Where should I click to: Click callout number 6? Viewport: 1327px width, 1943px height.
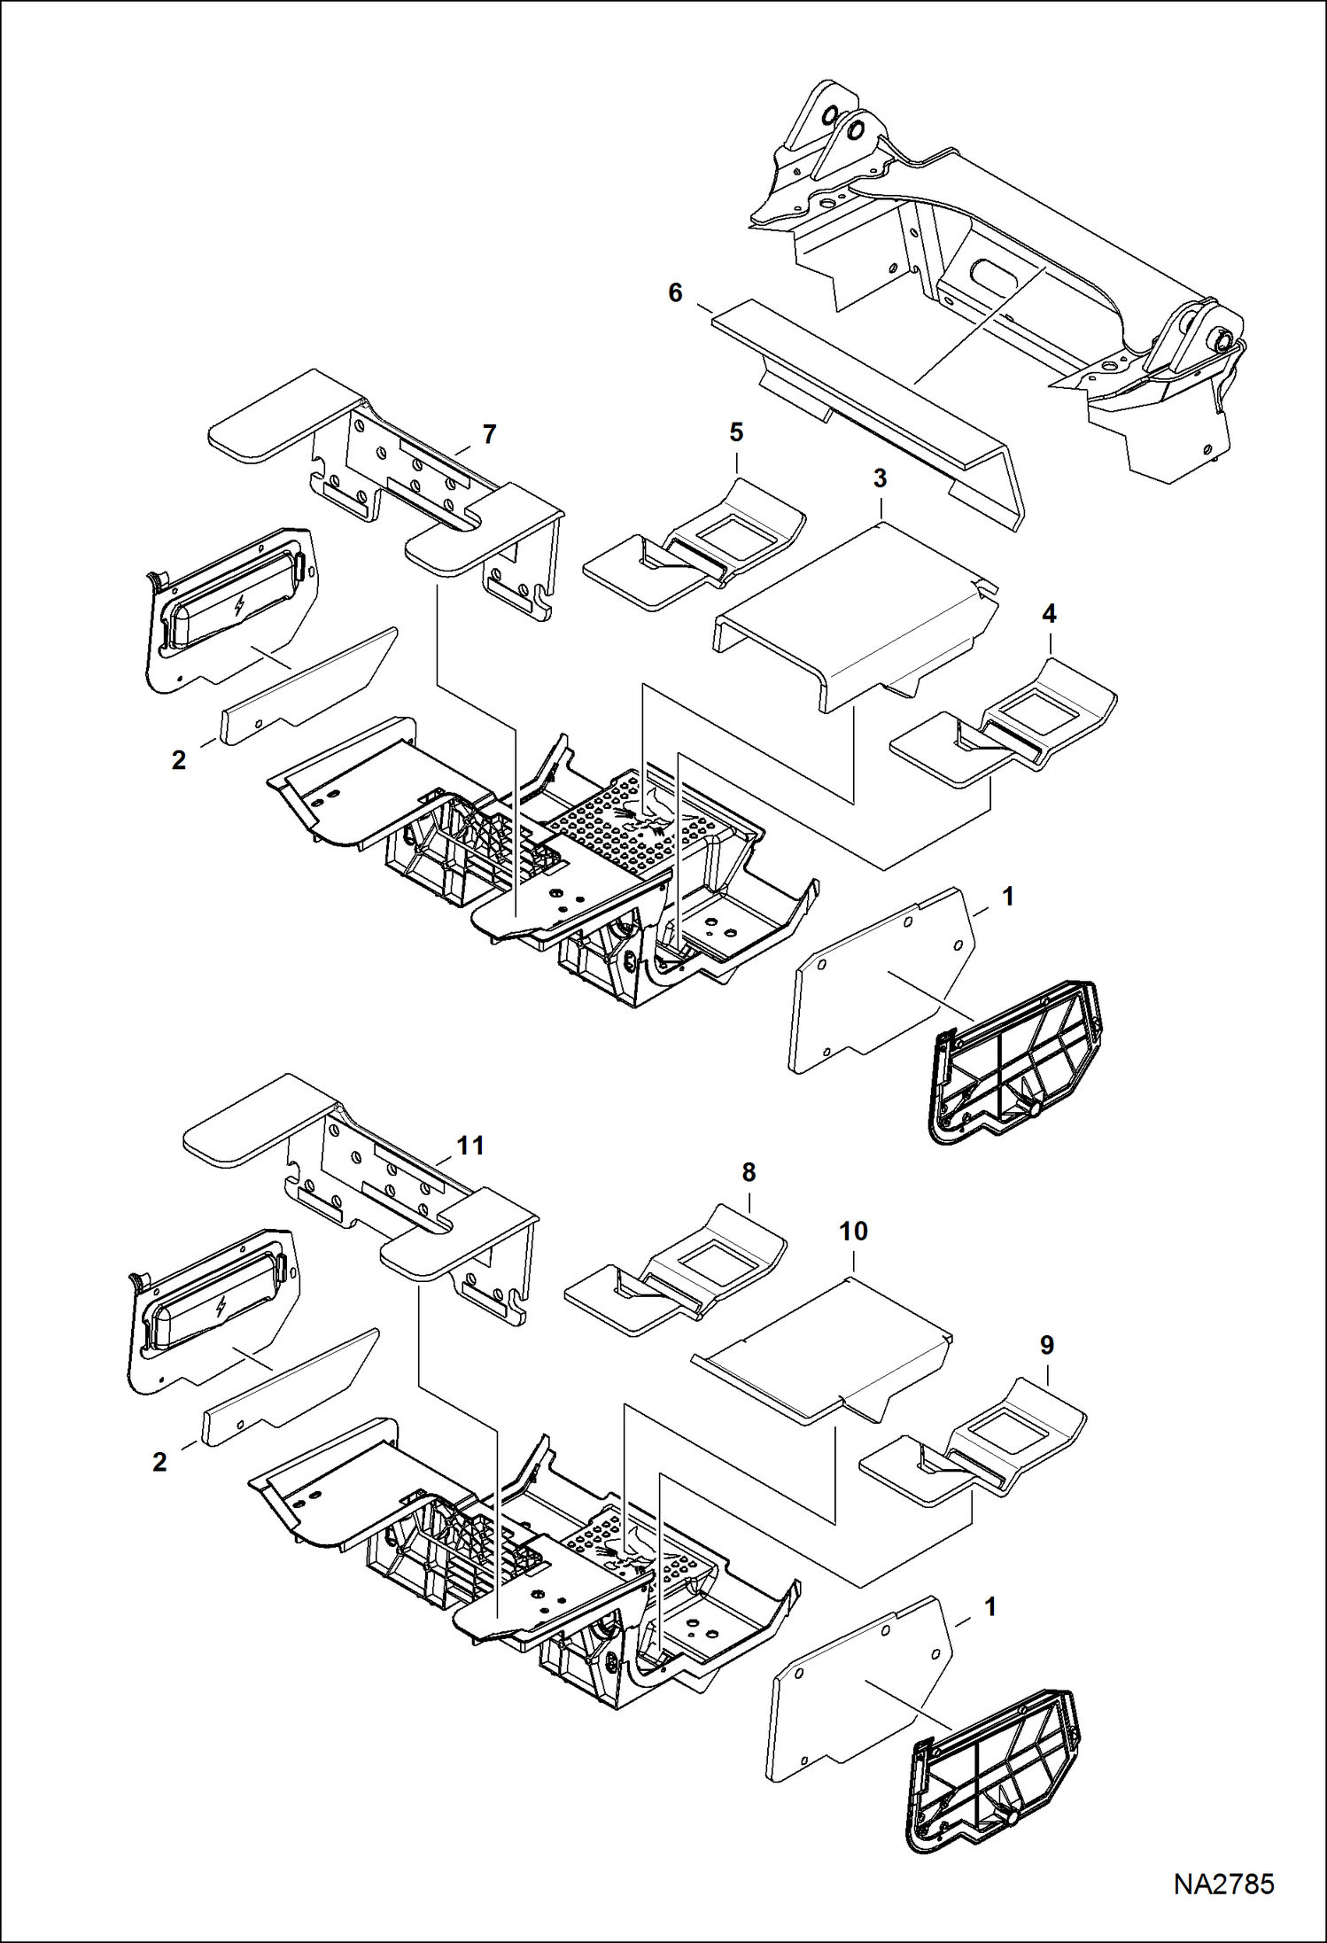tap(675, 293)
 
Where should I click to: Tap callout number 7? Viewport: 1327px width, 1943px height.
tap(489, 434)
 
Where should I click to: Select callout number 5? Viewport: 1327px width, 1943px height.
tap(736, 432)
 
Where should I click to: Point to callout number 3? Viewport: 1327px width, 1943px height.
tap(880, 478)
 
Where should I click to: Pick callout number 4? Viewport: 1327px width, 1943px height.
tap(1050, 613)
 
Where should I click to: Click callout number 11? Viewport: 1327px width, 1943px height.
tap(470, 1146)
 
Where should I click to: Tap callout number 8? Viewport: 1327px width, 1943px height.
tap(749, 1172)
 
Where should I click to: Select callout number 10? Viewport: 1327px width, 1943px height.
tap(853, 1231)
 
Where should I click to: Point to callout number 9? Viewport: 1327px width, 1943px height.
tap(1047, 1345)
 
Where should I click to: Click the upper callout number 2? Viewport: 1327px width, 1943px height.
tap(179, 760)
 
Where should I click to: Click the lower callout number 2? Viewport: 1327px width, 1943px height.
tap(159, 1462)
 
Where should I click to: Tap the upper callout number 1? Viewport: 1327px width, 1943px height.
tap(1007, 897)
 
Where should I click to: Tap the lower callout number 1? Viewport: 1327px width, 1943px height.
tap(990, 1606)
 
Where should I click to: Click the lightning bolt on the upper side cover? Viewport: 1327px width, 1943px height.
tap(238, 606)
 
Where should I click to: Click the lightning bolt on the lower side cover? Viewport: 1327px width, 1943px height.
tap(220, 1307)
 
